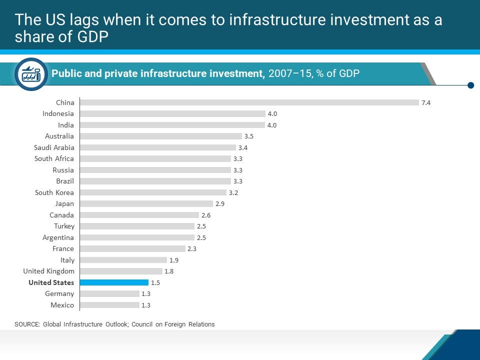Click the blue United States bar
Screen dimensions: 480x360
pyautogui.click(x=114, y=282)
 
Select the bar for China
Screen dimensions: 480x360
pyautogui.click(x=249, y=102)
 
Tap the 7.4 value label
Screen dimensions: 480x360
pyautogui.click(x=426, y=103)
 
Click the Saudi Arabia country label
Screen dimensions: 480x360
pyautogui.click(x=54, y=147)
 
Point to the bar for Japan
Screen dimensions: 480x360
pyautogui.click(x=146, y=204)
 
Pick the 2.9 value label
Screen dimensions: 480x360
pyautogui.click(x=220, y=204)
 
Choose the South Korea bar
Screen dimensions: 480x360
pyautogui.click(x=153, y=192)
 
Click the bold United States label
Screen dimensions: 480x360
pyautogui.click(x=51, y=282)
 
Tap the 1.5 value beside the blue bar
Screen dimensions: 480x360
pyautogui.click(x=155, y=283)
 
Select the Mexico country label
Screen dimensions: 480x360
pyautogui.click(x=62, y=305)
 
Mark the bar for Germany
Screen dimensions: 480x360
pyautogui.click(x=109, y=294)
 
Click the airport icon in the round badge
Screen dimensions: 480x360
pyautogui.click(x=31, y=74)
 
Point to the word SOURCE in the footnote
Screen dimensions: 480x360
pyautogui.click(x=27, y=324)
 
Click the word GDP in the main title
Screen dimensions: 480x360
pyautogui.click(x=92, y=36)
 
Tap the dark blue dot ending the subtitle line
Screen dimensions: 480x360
pyautogui.click(x=471, y=85)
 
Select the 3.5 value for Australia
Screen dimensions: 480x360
pyautogui.click(x=248, y=136)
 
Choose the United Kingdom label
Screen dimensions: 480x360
pyautogui.click(x=48, y=271)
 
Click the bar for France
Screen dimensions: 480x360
pyautogui.click(x=132, y=248)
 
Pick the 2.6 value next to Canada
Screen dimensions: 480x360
pyautogui.click(x=205, y=215)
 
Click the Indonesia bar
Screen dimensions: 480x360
pyautogui.click(x=172, y=114)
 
